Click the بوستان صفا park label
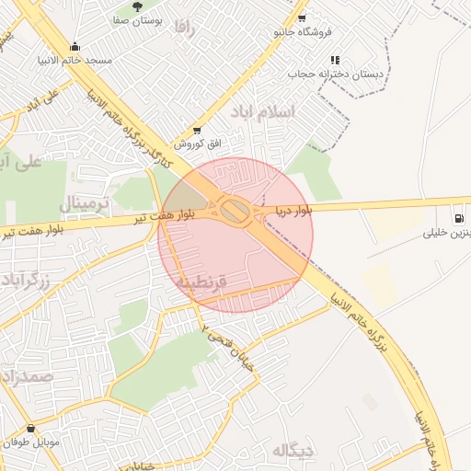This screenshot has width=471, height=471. click(x=139, y=20)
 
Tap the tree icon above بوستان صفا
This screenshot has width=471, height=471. click(x=138, y=7)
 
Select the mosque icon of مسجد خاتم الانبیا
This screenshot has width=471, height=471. click(x=75, y=47)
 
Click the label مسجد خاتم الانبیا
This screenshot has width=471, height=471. click(x=75, y=60)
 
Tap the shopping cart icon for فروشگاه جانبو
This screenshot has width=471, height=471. click(x=302, y=17)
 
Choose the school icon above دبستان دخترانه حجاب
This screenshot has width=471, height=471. click(x=334, y=60)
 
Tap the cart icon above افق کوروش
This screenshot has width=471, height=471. click(x=195, y=131)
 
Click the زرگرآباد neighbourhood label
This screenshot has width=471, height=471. click(x=31, y=280)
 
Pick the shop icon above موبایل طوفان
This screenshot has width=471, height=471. click(x=32, y=428)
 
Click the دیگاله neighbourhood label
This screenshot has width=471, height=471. click(x=293, y=450)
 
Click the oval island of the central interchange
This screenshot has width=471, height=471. click(x=236, y=213)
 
